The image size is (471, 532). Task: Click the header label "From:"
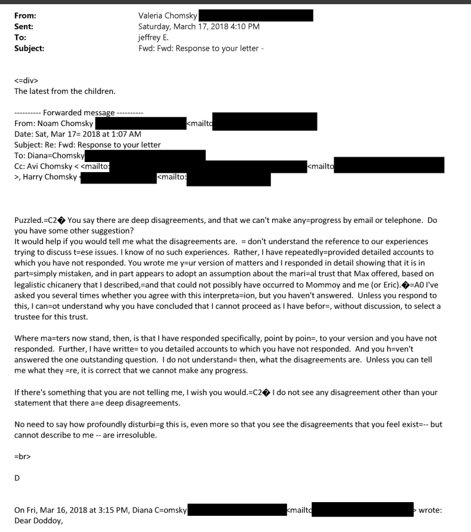click(x=24, y=16)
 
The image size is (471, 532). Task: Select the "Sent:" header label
click(x=23, y=27)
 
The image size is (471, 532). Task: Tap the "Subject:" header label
click(x=29, y=48)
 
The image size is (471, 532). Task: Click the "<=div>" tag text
click(x=27, y=81)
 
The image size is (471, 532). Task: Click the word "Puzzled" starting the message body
click(x=29, y=221)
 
